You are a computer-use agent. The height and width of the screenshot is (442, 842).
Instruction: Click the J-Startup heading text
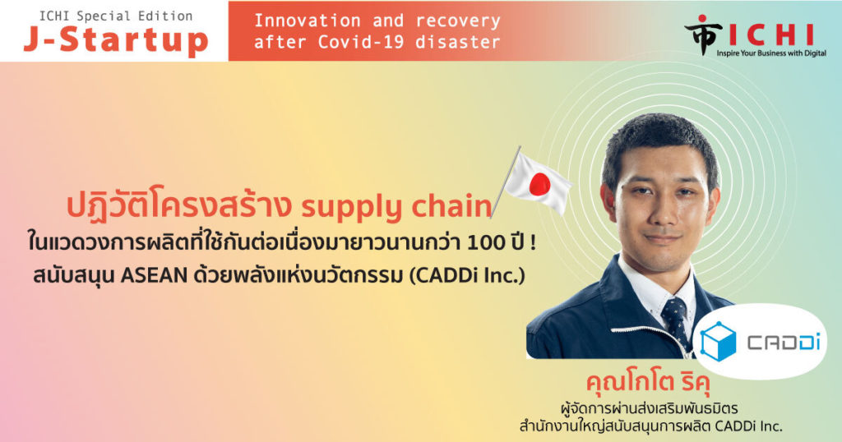(x=115, y=41)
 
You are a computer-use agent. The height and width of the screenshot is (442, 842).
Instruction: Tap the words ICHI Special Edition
(x=115, y=16)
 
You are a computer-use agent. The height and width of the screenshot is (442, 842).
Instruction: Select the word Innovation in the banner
(x=308, y=21)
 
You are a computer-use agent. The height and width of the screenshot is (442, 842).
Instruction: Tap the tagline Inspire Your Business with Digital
(x=771, y=53)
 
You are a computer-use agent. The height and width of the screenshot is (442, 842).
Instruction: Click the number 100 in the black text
(x=484, y=243)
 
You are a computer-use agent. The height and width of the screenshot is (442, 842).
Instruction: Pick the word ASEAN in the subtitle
(x=154, y=276)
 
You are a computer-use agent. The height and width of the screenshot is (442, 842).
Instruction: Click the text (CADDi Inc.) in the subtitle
(x=467, y=276)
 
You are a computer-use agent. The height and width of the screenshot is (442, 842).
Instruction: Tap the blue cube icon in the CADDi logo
(x=718, y=341)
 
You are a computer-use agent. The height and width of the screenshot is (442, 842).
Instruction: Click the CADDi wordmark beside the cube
(x=784, y=343)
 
